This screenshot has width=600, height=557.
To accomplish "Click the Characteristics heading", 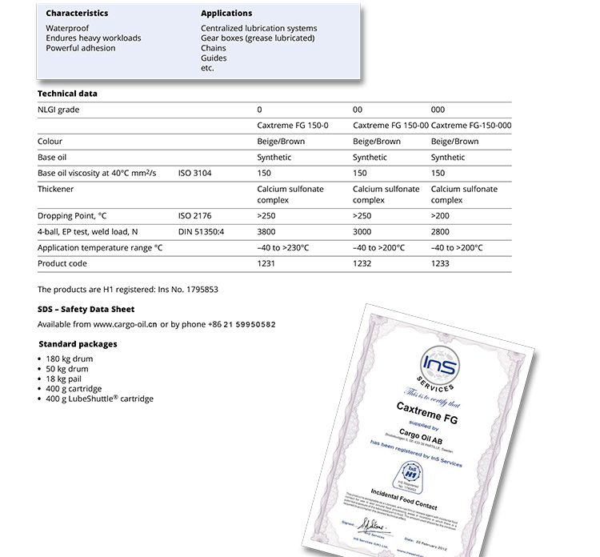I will coord(77,14).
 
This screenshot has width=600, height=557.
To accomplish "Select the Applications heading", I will coord(226,14).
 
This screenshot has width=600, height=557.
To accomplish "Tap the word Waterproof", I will coord(67,29).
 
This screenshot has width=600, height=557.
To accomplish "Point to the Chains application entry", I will coord(214,48).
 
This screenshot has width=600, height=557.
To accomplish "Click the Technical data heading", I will coord(67,94).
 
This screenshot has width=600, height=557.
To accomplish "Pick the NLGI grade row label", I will coord(58,110).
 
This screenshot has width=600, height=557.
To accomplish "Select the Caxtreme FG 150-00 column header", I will coord(390,126).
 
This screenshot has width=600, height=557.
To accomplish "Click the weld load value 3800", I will coord(266,232).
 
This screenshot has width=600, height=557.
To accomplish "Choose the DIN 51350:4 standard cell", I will coord(200,232).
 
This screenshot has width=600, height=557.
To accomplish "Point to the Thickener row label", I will coord(56,190).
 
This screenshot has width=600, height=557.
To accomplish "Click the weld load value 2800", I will coord(440,232).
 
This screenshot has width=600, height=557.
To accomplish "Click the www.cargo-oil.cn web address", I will coord(125,324).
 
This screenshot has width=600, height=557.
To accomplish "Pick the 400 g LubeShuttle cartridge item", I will coord(99,399).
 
